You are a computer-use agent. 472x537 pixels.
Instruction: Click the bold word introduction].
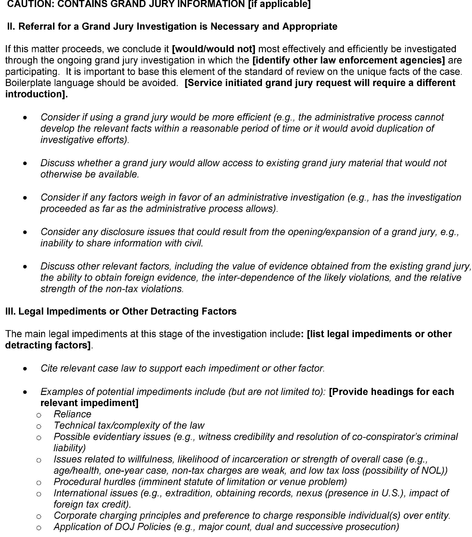[x=36, y=94]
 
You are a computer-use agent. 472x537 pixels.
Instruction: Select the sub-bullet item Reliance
[x=72, y=414]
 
